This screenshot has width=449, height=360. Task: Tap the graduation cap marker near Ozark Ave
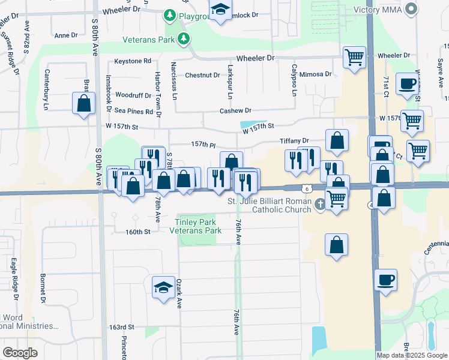[x=163, y=287]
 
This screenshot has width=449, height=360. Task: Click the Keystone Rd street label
[x=133, y=61]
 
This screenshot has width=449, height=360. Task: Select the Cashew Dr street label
[x=235, y=110]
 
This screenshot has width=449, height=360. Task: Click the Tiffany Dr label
[x=294, y=141]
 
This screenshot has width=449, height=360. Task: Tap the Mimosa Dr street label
[x=315, y=74]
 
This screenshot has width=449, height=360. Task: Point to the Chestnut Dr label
[x=202, y=75]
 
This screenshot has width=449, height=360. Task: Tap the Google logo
[x=20, y=353]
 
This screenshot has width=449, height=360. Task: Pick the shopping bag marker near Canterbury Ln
[x=83, y=103]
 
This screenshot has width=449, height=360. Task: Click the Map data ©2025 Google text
[x=411, y=355]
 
